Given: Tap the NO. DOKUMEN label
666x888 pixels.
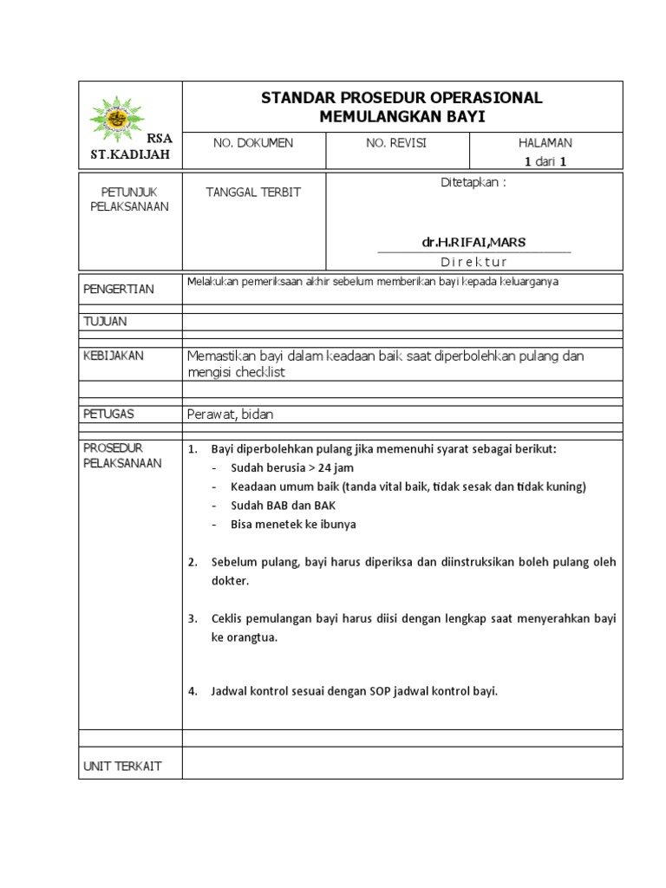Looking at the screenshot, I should [253, 143].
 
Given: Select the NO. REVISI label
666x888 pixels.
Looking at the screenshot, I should [396, 143].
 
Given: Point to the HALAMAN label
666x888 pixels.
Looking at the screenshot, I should [545, 143].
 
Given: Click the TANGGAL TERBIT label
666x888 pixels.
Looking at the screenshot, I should [252, 192].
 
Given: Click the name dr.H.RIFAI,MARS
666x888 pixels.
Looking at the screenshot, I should [473, 241].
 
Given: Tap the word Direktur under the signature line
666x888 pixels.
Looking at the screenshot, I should [473, 262].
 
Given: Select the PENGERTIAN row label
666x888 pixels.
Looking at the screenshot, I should [119, 289].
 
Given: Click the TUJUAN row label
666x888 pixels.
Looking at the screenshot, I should [105, 322].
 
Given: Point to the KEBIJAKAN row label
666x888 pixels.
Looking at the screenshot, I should [114, 356].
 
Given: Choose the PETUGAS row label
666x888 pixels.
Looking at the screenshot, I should [109, 414].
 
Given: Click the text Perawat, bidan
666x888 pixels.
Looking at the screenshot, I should [230, 415].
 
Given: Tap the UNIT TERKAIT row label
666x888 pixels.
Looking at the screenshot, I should [122, 766].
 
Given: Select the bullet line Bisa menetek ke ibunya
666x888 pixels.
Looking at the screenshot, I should [293, 525].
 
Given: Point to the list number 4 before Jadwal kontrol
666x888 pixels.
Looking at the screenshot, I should [193, 692].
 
